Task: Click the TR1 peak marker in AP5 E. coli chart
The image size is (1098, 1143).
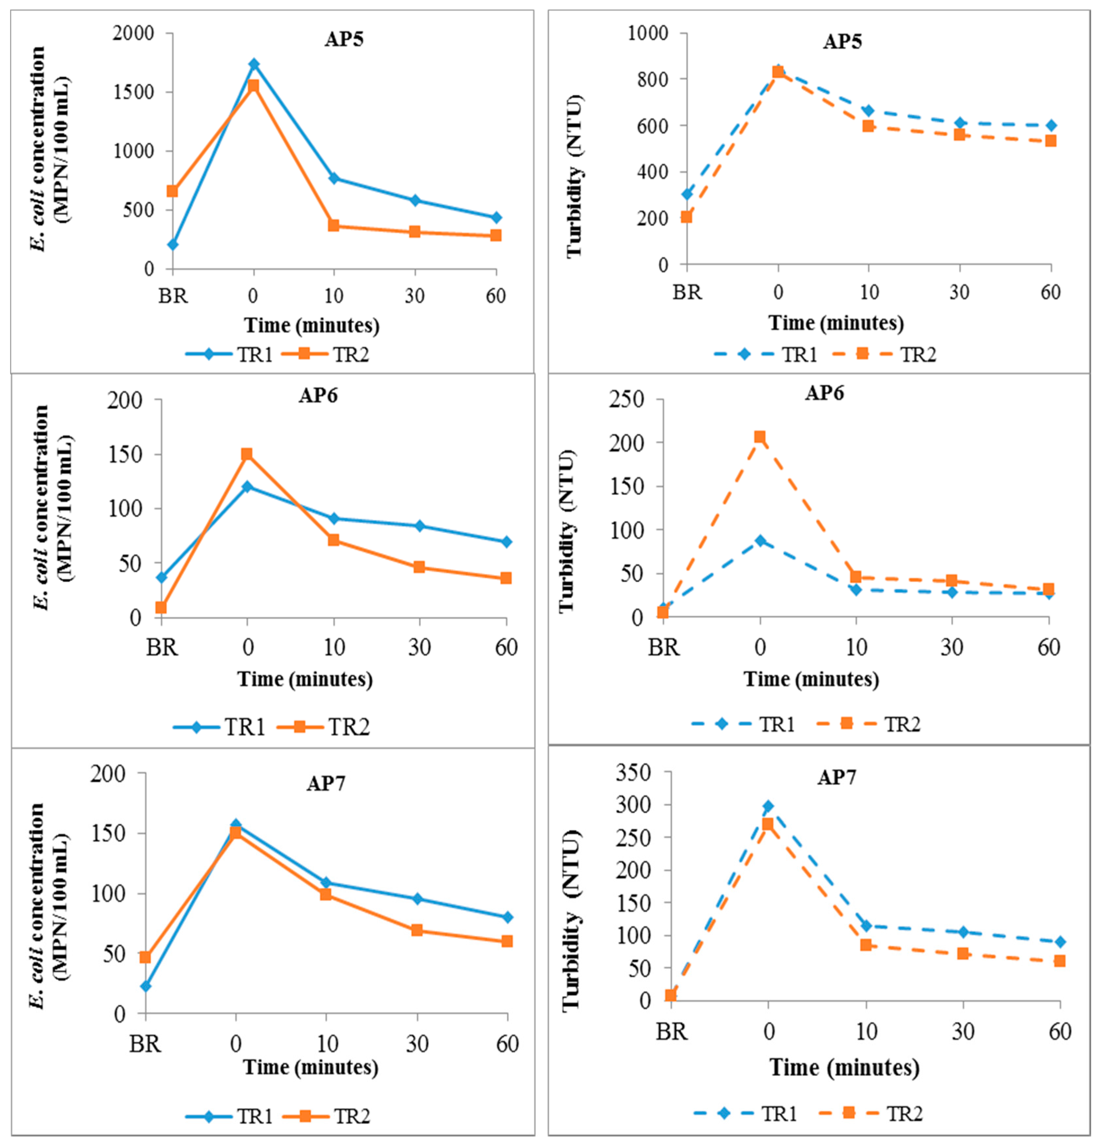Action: click(254, 64)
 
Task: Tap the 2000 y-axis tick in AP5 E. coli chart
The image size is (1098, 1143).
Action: click(134, 33)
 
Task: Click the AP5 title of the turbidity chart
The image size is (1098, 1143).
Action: click(842, 41)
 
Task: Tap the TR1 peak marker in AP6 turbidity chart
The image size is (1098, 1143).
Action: click(760, 540)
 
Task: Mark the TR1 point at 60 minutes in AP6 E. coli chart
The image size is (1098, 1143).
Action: click(506, 542)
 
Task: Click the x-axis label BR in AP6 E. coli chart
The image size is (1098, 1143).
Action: click(161, 647)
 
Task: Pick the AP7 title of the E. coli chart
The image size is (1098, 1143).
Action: click(326, 783)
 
